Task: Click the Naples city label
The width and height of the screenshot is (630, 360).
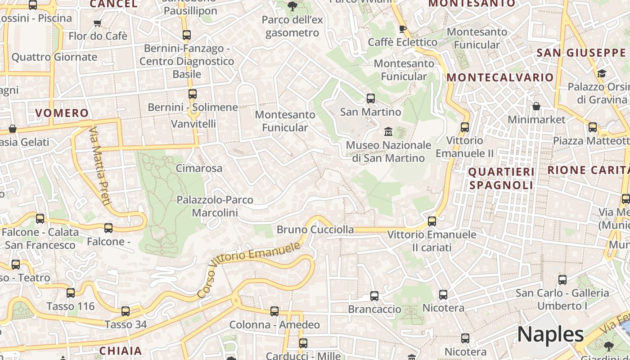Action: [550, 334]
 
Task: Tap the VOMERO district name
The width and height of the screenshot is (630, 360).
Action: [62, 113]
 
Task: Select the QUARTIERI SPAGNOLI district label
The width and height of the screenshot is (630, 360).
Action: [501, 178]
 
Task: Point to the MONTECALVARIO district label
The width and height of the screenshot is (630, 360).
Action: [500, 77]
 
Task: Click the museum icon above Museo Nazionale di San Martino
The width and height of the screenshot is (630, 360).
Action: [388, 132]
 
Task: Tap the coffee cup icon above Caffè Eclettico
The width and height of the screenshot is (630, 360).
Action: [403, 29]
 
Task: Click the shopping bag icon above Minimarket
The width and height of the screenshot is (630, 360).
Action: [536, 106]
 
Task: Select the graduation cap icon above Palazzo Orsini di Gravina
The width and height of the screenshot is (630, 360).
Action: [602, 73]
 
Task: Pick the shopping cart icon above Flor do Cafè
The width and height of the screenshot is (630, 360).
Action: [98, 23]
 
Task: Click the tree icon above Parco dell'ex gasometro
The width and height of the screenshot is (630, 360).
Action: [292, 6]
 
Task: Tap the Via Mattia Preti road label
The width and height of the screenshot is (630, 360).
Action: [99, 166]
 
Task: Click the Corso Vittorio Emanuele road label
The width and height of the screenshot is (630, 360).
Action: [249, 269]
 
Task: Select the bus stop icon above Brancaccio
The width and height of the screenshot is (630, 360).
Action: [374, 296]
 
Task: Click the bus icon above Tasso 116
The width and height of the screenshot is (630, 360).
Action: [71, 293]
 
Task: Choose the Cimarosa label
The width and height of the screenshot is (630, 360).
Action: [199, 168]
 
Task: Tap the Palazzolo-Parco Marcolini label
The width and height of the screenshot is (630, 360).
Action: [215, 206]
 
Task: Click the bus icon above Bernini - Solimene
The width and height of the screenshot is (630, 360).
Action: [193, 94]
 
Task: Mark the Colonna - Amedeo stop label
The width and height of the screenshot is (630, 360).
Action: [274, 325]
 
